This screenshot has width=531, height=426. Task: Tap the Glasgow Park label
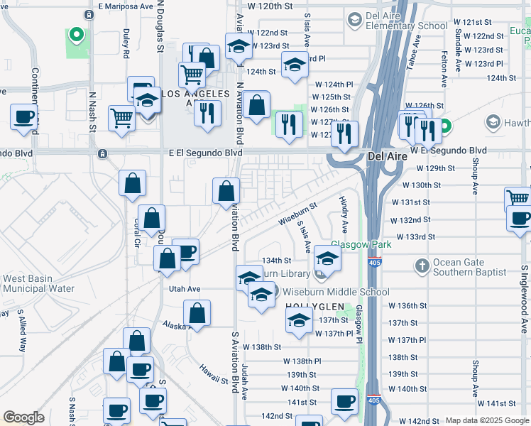[x=361, y=244]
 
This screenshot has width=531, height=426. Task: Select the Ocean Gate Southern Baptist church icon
[x=422, y=266]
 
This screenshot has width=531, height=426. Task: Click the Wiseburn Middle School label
[x=336, y=292]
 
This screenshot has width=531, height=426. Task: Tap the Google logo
[x=23, y=417]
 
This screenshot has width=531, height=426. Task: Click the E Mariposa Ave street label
[x=126, y=6]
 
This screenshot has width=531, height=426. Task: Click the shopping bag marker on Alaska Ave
[x=197, y=313]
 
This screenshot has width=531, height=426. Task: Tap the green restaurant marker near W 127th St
[x=287, y=123]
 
